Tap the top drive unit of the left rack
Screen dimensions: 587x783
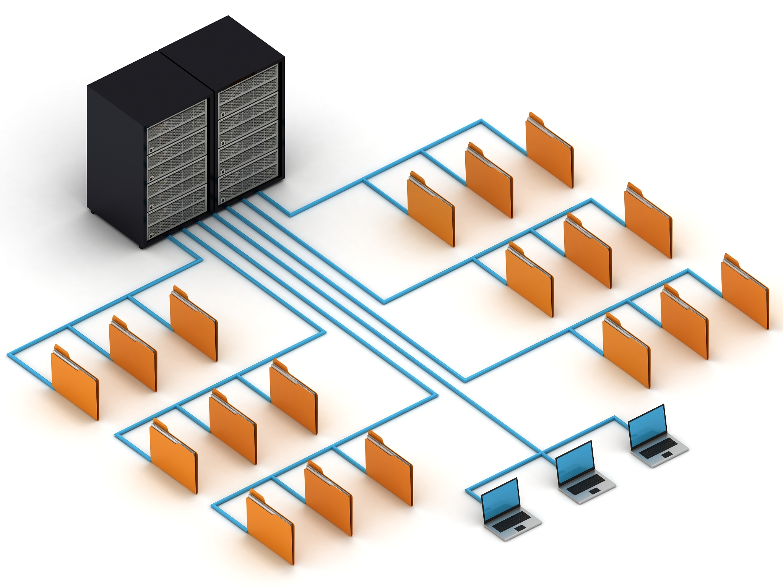click(x=177, y=114)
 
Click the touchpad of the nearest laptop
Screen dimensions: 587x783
click(x=520, y=528)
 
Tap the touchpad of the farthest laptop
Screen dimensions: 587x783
click(x=666, y=454)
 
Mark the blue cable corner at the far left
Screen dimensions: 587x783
click(x=8, y=355)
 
